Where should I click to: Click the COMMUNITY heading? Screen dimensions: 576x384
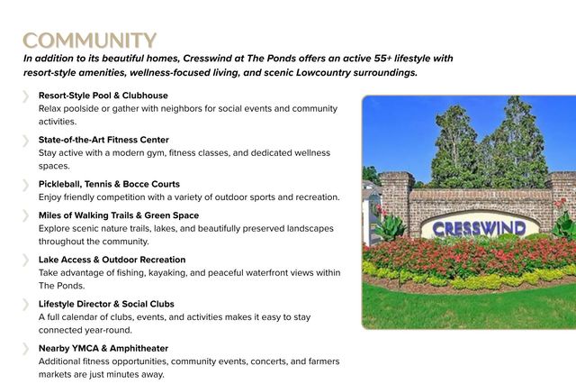(x=90, y=40)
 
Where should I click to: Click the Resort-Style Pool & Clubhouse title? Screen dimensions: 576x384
(x=103, y=96)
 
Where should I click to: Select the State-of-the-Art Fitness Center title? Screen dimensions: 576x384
(x=103, y=140)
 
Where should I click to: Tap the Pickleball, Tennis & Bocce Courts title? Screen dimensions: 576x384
(x=109, y=184)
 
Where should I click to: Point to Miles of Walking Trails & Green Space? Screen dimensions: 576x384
(x=119, y=215)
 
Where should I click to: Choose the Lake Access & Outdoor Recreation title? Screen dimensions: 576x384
(x=112, y=260)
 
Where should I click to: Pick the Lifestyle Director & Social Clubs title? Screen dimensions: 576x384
(x=106, y=304)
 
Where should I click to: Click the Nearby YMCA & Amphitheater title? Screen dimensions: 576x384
(x=103, y=348)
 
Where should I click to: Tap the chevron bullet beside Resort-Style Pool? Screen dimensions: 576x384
(x=25, y=96)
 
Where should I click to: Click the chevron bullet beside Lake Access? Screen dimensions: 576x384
(x=25, y=260)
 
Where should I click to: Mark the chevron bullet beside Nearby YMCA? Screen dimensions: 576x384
(x=25, y=349)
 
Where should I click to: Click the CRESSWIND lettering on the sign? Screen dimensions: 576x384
(x=479, y=228)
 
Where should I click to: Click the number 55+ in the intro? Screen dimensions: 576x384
(x=383, y=59)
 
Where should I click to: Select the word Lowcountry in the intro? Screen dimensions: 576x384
(x=323, y=72)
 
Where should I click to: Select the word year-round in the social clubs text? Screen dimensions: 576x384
(x=109, y=330)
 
